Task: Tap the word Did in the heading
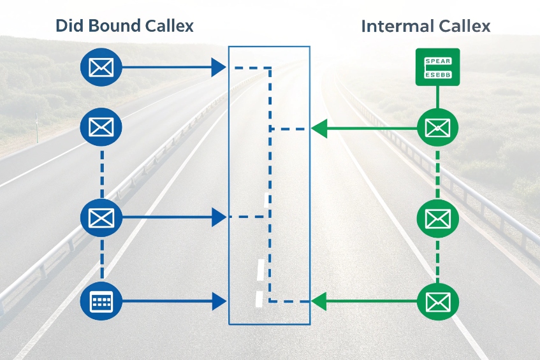(x=69, y=26)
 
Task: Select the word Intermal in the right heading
(x=399, y=27)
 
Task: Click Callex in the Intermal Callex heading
(x=465, y=27)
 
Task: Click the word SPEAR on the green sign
(x=437, y=61)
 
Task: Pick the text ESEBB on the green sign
(x=437, y=73)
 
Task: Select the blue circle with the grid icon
(x=101, y=301)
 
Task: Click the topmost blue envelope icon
(x=101, y=66)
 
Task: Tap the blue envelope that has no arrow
(x=101, y=127)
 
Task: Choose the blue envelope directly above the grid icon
(x=101, y=218)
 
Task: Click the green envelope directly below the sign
(x=437, y=129)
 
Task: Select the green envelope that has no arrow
(x=437, y=219)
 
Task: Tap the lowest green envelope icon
(x=437, y=300)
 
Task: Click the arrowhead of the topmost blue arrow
(x=219, y=66)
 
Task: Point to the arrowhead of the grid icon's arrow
(x=219, y=301)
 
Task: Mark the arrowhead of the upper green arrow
(x=319, y=129)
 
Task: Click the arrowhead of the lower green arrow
(x=319, y=300)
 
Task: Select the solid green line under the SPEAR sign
(x=437, y=97)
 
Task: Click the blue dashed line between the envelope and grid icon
(x=101, y=259)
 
